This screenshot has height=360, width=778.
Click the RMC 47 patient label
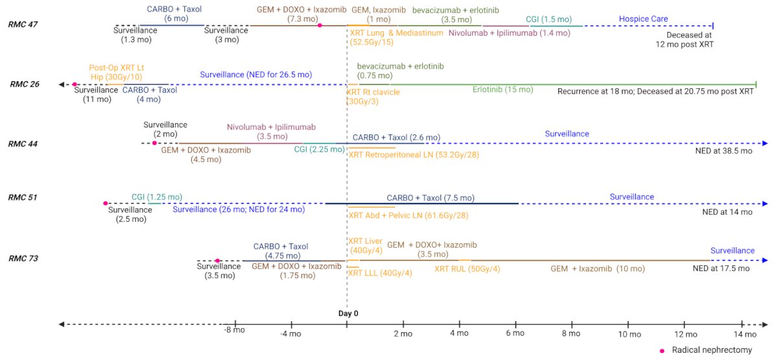tap(23, 25)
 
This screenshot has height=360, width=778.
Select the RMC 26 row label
tap(25, 84)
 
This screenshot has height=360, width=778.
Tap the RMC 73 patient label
tap(23, 259)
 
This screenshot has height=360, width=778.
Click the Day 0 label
tap(348, 313)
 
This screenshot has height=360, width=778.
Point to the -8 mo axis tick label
tap(235, 330)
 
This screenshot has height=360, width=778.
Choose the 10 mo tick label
tap(630, 334)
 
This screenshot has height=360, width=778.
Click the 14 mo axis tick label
tap(745, 334)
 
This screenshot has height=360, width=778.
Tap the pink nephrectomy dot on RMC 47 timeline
tap(320, 25)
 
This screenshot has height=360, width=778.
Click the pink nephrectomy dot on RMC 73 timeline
tap(217, 261)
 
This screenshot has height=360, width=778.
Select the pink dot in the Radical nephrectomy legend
tap(663, 351)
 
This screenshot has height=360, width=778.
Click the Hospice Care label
tap(643, 19)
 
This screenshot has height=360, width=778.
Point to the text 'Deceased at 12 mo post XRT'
tap(685, 40)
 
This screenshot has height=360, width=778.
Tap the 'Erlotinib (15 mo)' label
tap(502, 90)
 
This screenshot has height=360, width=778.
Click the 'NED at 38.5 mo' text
tap(724, 150)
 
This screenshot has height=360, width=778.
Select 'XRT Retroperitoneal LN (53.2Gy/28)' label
tap(414, 154)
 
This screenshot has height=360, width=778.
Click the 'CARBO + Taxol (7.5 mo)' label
tap(430, 198)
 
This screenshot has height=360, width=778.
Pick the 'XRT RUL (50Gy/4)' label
tap(467, 269)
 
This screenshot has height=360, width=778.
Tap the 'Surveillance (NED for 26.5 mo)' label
tap(256, 75)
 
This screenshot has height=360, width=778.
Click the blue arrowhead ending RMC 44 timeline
tap(765, 143)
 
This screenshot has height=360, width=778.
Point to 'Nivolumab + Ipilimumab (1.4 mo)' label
tap(509, 33)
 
